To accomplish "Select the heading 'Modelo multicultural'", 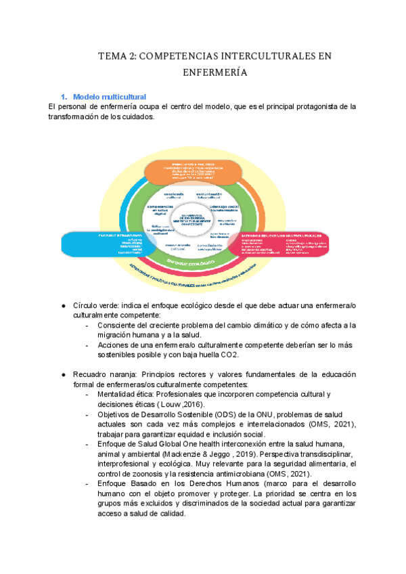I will pyautogui.click(x=110, y=97).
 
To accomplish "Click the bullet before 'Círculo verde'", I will pyautogui.click(x=63, y=306).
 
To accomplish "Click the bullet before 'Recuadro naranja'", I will pyautogui.click(x=63, y=374).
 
